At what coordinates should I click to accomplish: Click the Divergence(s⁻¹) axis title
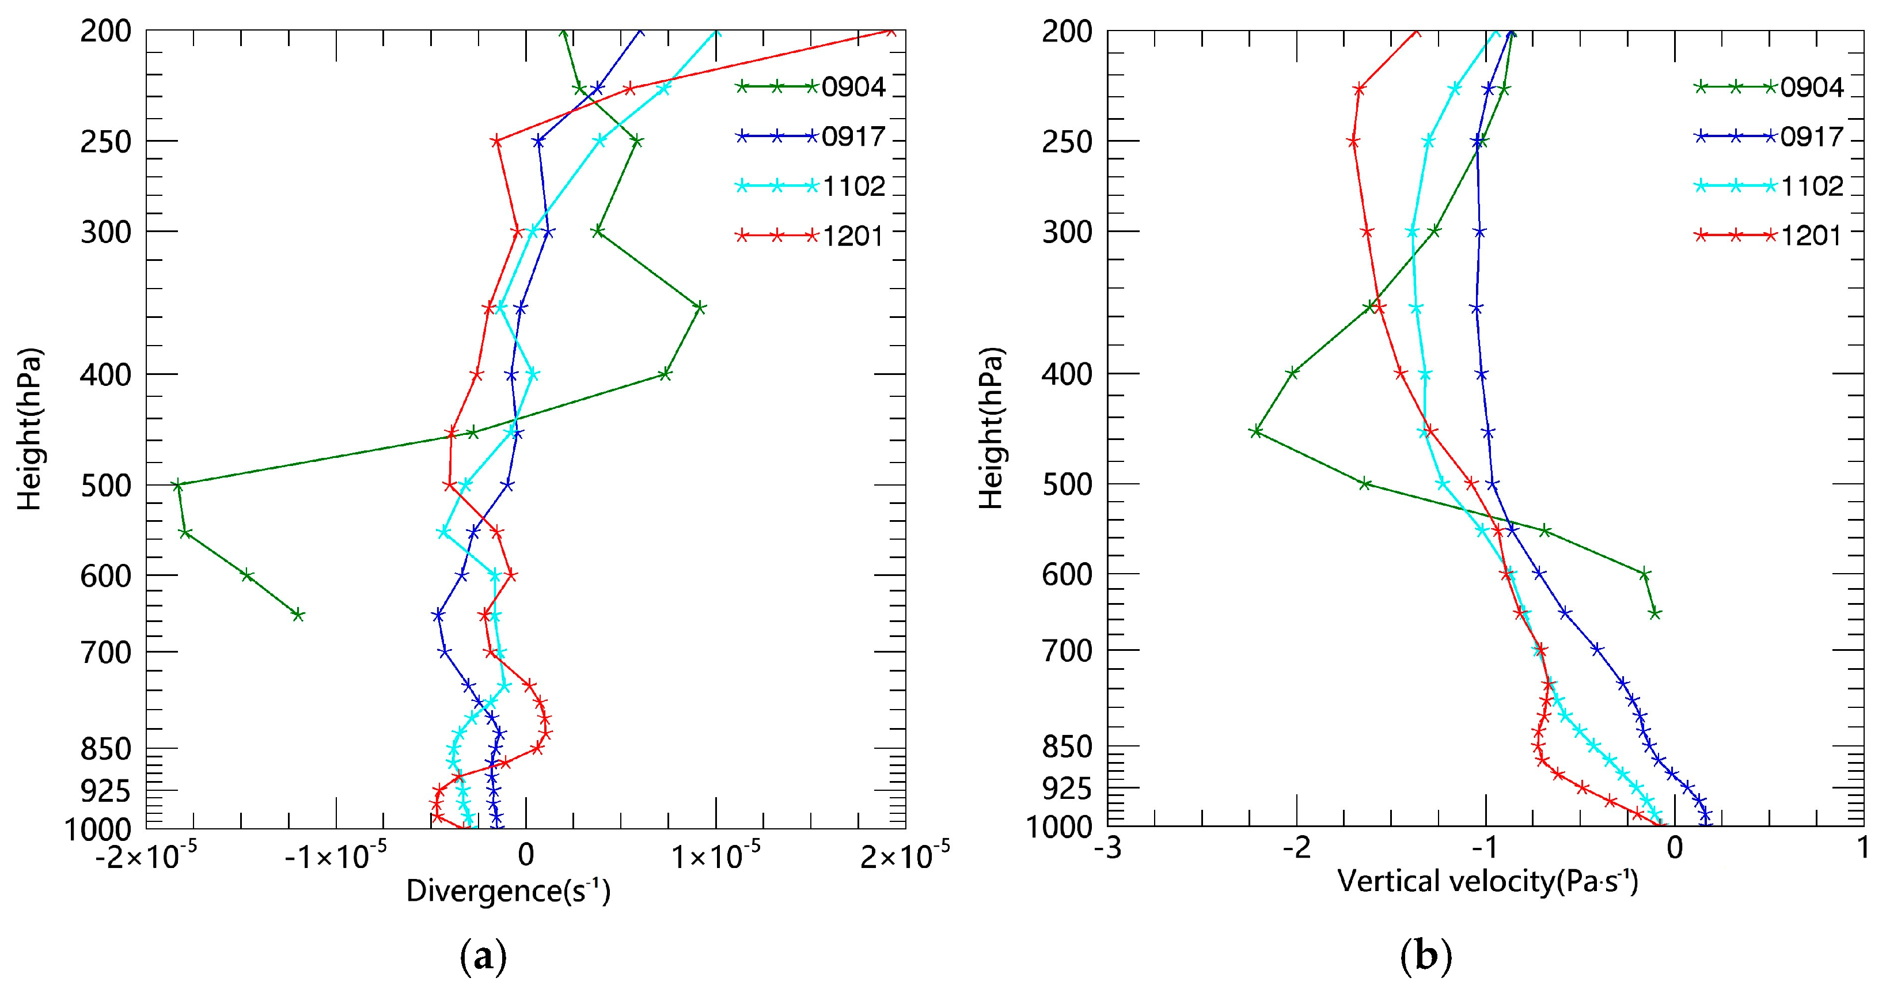(x=508, y=891)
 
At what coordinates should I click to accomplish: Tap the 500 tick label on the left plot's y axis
(x=105, y=486)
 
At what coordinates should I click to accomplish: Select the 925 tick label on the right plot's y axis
(x=1067, y=790)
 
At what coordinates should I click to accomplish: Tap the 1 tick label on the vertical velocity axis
(x=1864, y=850)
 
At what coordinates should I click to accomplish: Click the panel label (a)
(x=483, y=957)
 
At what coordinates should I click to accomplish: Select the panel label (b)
(x=1425, y=957)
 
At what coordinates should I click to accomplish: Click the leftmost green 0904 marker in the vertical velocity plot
(x=1255, y=431)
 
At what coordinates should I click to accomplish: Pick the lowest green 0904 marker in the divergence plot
(x=298, y=615)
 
